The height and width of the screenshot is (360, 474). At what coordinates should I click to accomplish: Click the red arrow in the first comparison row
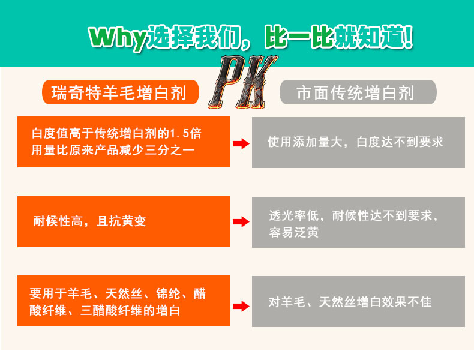click(x=240, y=143)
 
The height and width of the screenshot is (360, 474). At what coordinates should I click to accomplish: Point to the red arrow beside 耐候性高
click(x=240, y=221)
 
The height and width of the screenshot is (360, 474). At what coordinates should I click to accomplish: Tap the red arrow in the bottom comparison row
click(x=240, y=306)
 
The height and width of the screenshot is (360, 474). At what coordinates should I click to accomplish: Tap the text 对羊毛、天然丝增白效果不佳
click(x=350, y=302)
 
